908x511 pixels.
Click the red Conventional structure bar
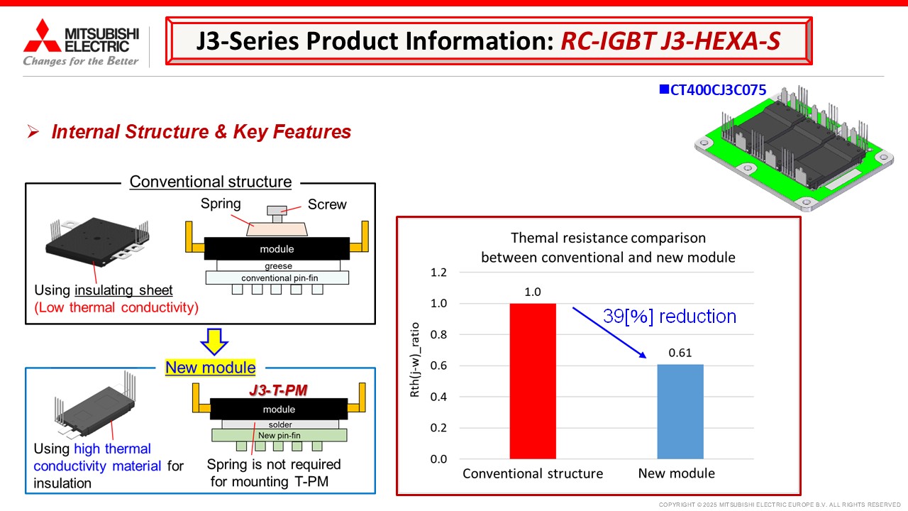[x=533, y=381]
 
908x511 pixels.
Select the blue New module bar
[x=680, y=412]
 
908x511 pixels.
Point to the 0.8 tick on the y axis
[x=438, y=334]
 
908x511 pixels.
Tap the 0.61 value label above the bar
[x=680, y=353]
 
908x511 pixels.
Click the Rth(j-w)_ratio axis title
[x=414, y=360]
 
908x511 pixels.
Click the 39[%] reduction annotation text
[x=669, y=317]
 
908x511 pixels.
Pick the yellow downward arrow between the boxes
[x=214, y=341]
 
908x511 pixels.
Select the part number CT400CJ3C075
[x=718, y=90]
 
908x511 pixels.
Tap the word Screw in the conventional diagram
[x=327, y=204]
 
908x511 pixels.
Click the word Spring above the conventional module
[x=221, y=204]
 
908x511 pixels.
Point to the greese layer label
[x=279, y=265]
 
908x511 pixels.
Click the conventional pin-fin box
[x=277, y=278]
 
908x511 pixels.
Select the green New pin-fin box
[x=279, y=435]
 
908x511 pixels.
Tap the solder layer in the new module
[x=280, y=424]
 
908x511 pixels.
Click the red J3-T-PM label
[x=278, y=390]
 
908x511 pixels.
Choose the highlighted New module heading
[x=211, y=368]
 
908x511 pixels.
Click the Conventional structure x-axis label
[x=533, y=473]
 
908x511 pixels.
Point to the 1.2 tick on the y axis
[x=438, y=272]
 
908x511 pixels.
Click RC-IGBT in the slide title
[x=608, y=40]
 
